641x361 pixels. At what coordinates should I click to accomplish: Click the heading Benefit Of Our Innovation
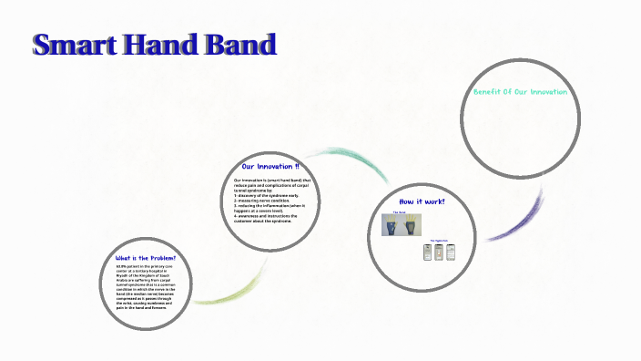click(520, 92)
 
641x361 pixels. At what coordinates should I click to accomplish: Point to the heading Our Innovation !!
click(270, 167)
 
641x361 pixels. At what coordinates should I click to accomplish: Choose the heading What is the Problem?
click(146, 258)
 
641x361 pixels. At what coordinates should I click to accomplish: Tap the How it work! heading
click(422, 201)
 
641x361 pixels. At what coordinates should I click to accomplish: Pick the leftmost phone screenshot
click(427, 252)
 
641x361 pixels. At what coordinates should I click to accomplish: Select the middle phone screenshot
click(438, 252)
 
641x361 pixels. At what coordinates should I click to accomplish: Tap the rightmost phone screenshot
click(449, 251)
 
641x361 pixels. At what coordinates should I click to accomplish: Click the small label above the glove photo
click(399, 212)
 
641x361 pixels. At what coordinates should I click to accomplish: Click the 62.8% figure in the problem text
click(122, 266)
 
